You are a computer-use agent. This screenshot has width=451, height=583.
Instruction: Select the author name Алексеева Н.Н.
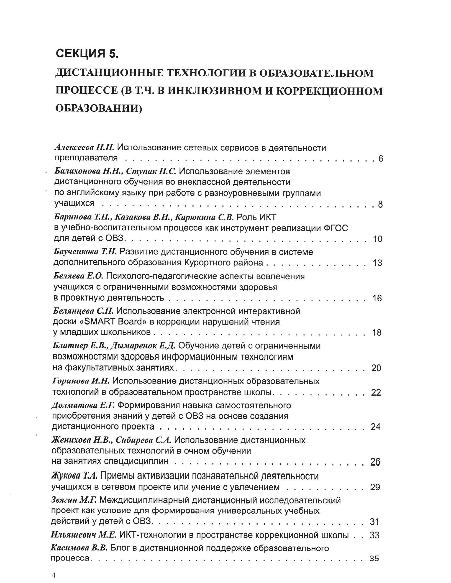[84, 147]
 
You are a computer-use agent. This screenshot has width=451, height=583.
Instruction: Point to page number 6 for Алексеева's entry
[381, 159]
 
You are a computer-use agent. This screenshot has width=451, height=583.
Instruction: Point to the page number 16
[377, 298]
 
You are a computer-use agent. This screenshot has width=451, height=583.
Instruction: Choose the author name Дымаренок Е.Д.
[143, 346]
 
